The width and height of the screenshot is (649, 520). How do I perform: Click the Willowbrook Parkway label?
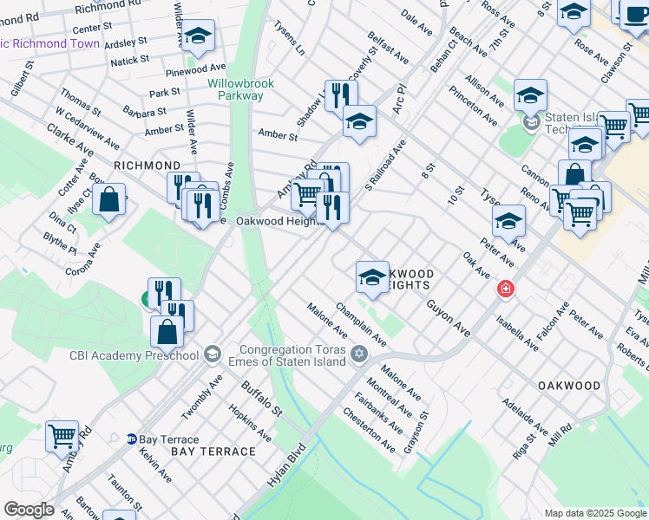[x=240, y=89]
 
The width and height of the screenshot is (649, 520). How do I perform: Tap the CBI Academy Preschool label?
[x=135, y=354]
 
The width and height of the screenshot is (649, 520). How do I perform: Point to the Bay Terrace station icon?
[x=131, y=439]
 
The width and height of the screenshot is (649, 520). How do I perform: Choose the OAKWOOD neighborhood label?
[x=569, y=385]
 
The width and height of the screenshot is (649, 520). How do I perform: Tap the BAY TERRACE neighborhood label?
[x=213, y=452]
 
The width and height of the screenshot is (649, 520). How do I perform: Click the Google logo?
[x=28, y=510]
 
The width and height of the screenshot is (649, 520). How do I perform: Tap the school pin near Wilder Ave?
[x=198, y=36]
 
